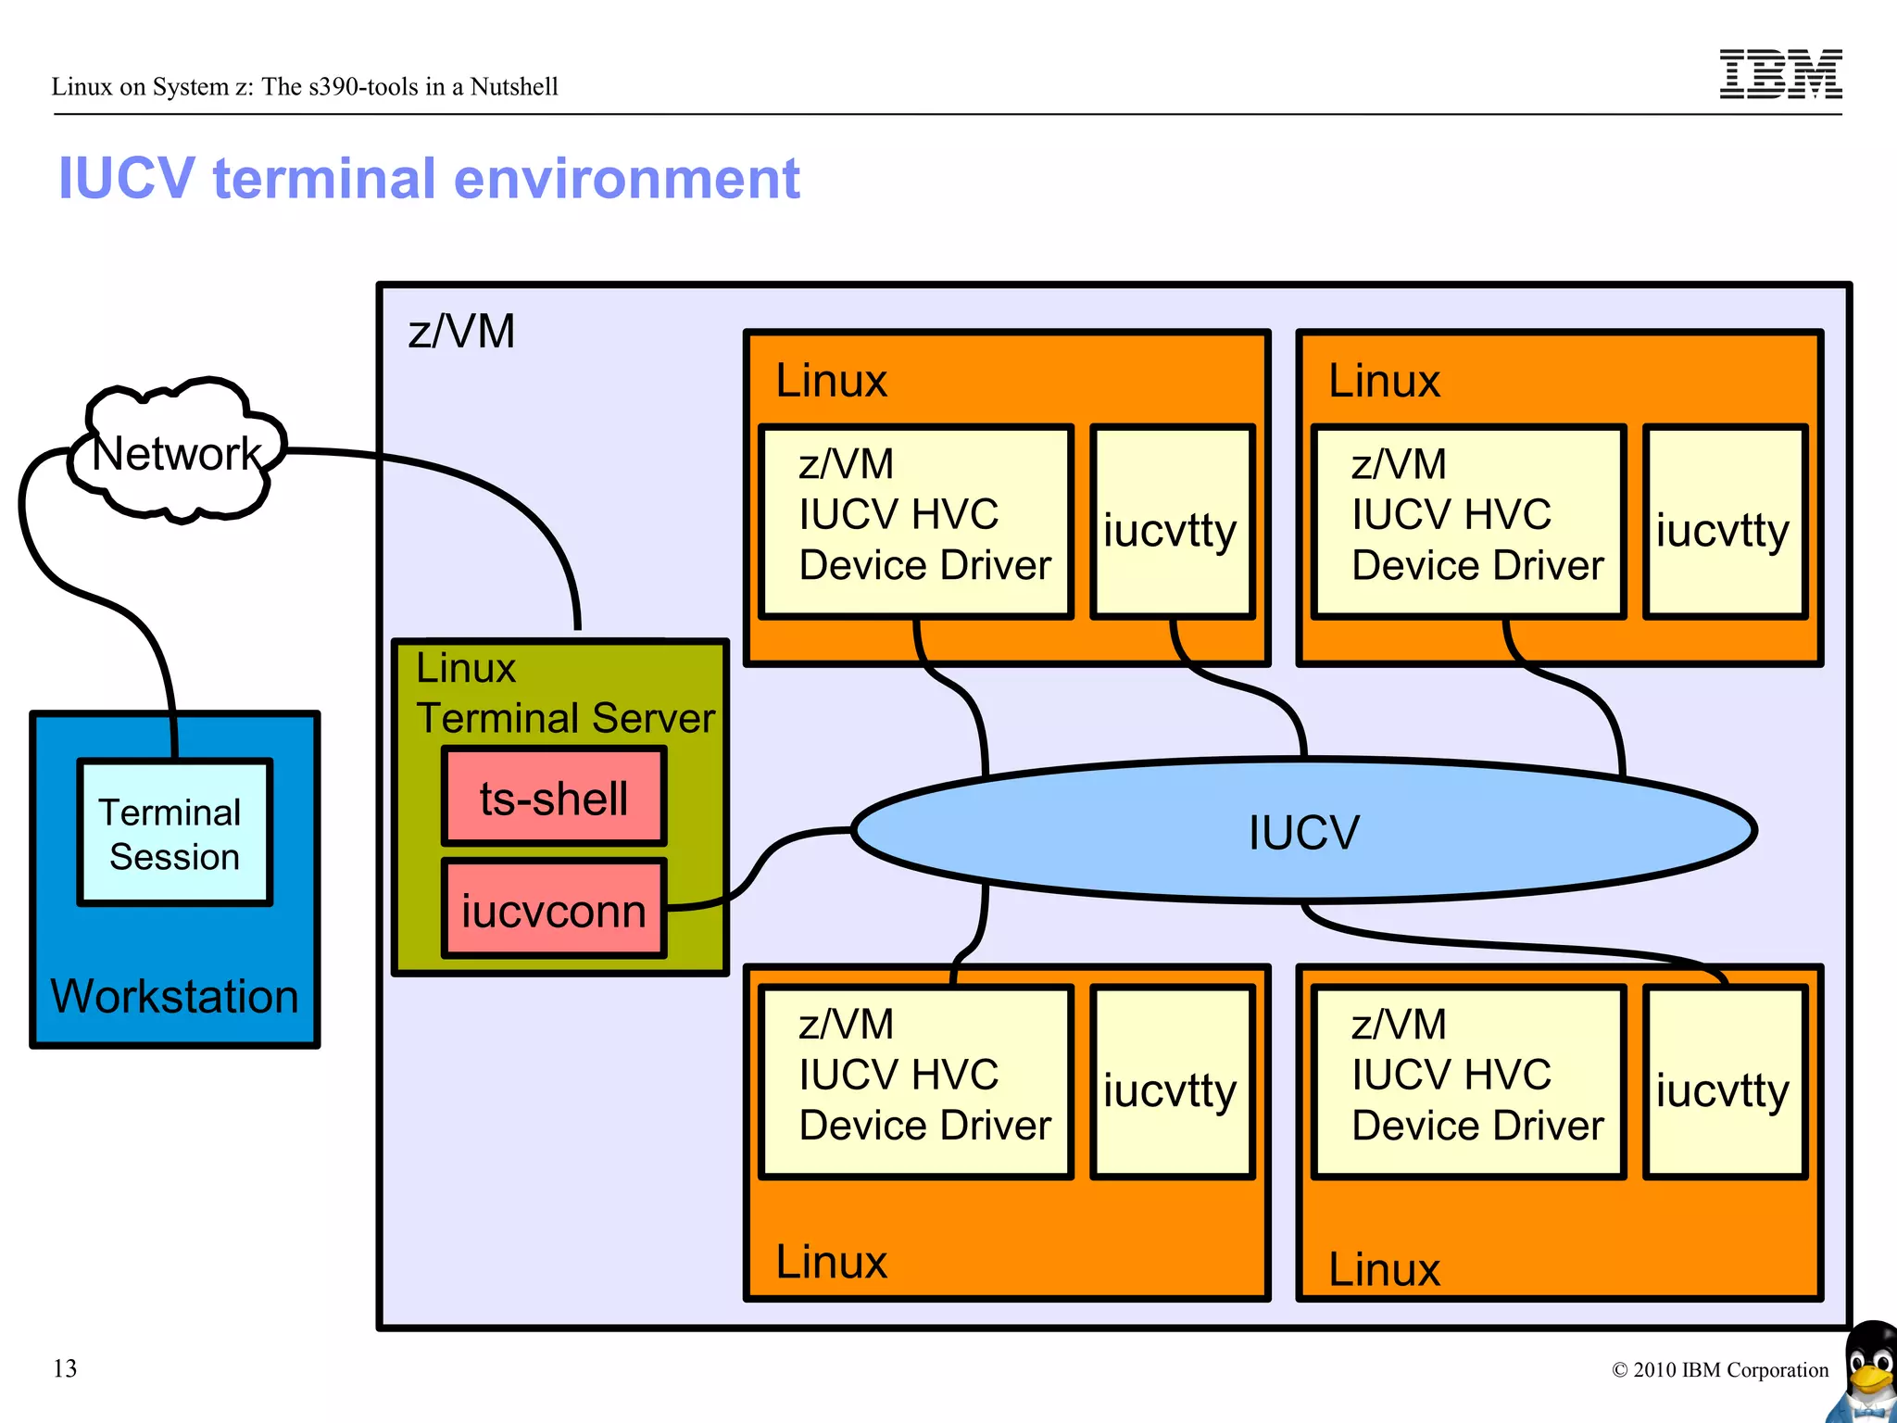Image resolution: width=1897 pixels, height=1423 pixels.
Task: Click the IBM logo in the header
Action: click(x=1779, y=73)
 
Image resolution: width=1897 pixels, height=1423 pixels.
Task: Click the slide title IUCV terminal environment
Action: click(x=428, y=178)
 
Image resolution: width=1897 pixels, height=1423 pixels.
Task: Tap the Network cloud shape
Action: click(x=176, y=452)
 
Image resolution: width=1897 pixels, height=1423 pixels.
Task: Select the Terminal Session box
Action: click(x=174, y=833)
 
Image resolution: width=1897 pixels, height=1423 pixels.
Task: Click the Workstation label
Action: click(x=174, y=997)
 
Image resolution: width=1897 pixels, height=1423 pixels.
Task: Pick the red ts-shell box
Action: click(x=553, y=798)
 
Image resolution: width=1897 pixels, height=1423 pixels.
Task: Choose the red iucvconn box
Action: click(x=553, y=910)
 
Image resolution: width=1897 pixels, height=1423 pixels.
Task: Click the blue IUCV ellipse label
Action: click(x=1303, y=831)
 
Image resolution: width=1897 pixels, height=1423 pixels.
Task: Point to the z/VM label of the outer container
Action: click(x=461, y=332)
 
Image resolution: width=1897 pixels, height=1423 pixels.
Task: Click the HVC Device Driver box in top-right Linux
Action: click(x=1468, y=521)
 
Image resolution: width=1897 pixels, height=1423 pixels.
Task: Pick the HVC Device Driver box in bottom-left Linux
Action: click(x=915, y=1081)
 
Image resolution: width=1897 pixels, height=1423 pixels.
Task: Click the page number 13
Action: click(x=65, y=1368)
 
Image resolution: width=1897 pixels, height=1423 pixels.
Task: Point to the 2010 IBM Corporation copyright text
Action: click(x=1720, y=1370)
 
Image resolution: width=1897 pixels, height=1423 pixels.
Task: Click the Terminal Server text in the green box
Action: click(x=565, y=718)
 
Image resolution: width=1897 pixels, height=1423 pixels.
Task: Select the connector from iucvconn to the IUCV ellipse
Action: click(x=760, y=866)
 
